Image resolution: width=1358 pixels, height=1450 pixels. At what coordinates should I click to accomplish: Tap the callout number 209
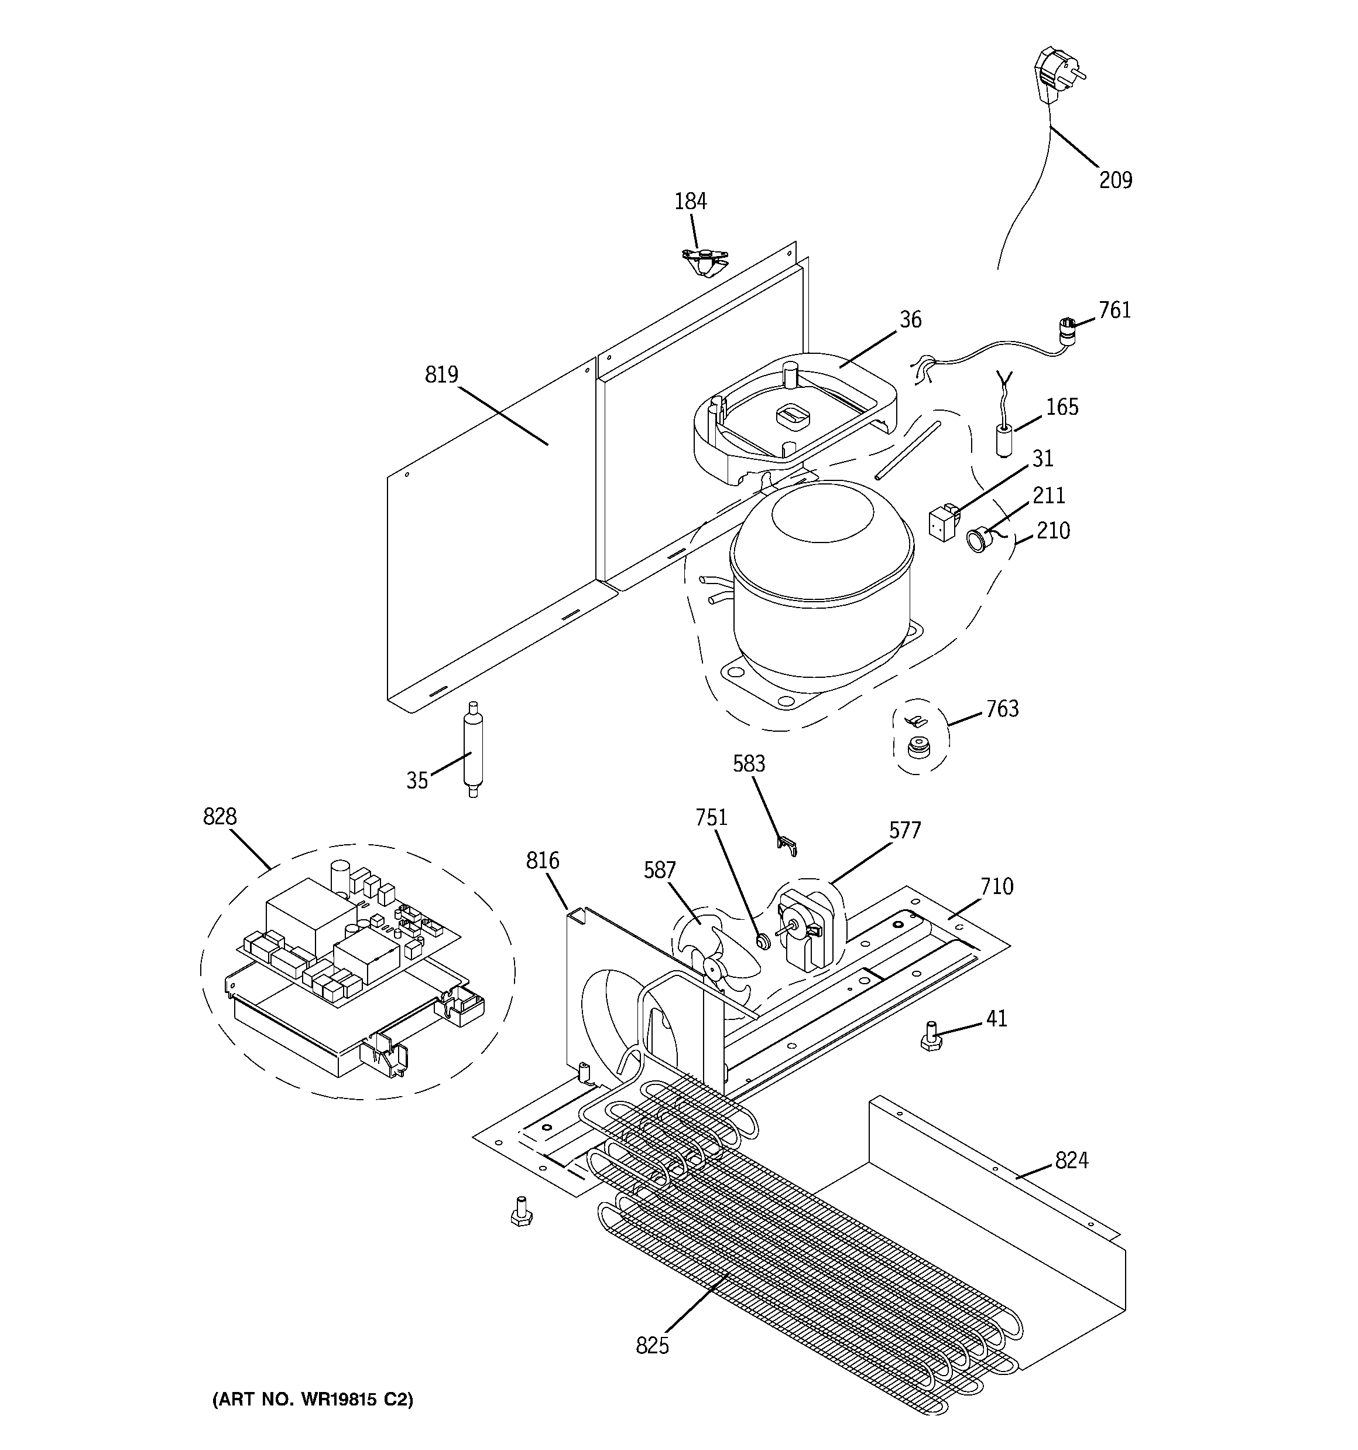click(1115, 180)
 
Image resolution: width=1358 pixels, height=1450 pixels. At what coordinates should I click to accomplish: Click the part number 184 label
click(690, 202)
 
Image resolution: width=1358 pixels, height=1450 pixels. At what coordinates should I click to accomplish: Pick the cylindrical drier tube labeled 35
click(472, 749)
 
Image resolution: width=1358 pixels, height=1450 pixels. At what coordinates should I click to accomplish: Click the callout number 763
click(1002, 709)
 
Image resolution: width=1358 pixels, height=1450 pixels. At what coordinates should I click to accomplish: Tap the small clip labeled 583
click(787, 846)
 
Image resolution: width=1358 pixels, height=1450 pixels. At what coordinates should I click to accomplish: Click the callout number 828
click(220, 817)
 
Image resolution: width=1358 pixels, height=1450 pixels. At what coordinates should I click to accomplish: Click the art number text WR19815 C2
click(312, 1400)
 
